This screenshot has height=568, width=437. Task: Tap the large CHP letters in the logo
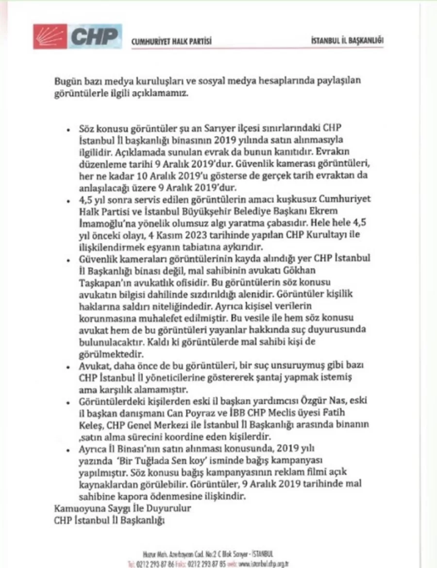coord(94,36)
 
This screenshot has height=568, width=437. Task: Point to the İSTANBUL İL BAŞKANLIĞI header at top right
coord(347,42)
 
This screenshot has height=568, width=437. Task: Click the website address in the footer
coord(262,564)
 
